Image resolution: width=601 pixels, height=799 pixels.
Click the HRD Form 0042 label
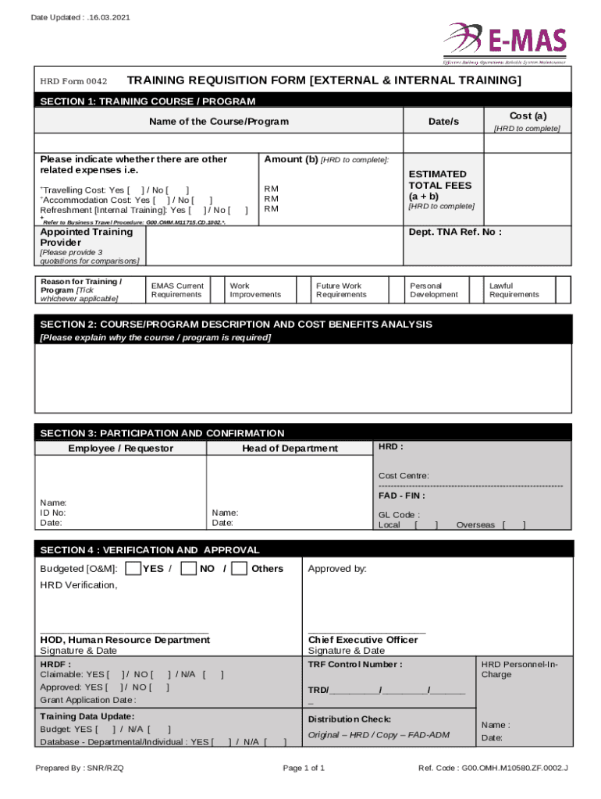pos(73,81)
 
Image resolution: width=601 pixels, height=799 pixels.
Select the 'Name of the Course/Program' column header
pos(219,122)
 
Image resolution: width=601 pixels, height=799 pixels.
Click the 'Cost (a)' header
pos(528,115)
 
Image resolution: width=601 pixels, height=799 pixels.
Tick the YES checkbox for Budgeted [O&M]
pos(133,568)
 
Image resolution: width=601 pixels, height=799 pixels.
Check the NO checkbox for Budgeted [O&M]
pos(188,568)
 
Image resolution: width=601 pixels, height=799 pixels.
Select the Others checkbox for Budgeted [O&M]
pos(240,568)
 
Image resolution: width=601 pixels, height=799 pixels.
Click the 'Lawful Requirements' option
pos(514,290)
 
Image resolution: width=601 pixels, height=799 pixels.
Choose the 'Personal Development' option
pos(434,290)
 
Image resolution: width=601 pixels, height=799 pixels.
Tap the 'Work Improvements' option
pos(255,290)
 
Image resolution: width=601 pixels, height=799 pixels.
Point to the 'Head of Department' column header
pos(290,448)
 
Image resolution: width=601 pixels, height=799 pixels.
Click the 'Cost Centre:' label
pos(404,476)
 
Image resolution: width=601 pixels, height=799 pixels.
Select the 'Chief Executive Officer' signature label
pos(363,640)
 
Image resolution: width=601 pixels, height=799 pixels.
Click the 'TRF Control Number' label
pos(355,665)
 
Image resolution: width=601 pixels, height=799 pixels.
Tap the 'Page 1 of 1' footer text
pos(304,769)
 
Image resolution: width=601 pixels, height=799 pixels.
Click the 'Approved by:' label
pos(337,569)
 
